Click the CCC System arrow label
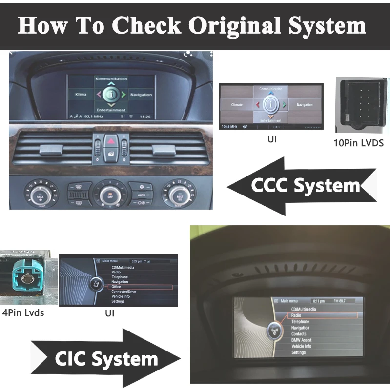click(306, 186)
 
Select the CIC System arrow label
click(106, 359)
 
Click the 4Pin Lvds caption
click(23, 312)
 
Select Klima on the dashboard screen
click(81, 94)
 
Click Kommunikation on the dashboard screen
click(111, 79)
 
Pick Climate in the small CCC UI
click(237, 104)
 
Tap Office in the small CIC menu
click(116, 287)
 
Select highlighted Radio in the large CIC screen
click(296, 315)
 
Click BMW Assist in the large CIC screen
click(301, 340)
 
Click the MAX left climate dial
click(40, 195)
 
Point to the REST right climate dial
click(180, 195)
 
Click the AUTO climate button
click(141, 195)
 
